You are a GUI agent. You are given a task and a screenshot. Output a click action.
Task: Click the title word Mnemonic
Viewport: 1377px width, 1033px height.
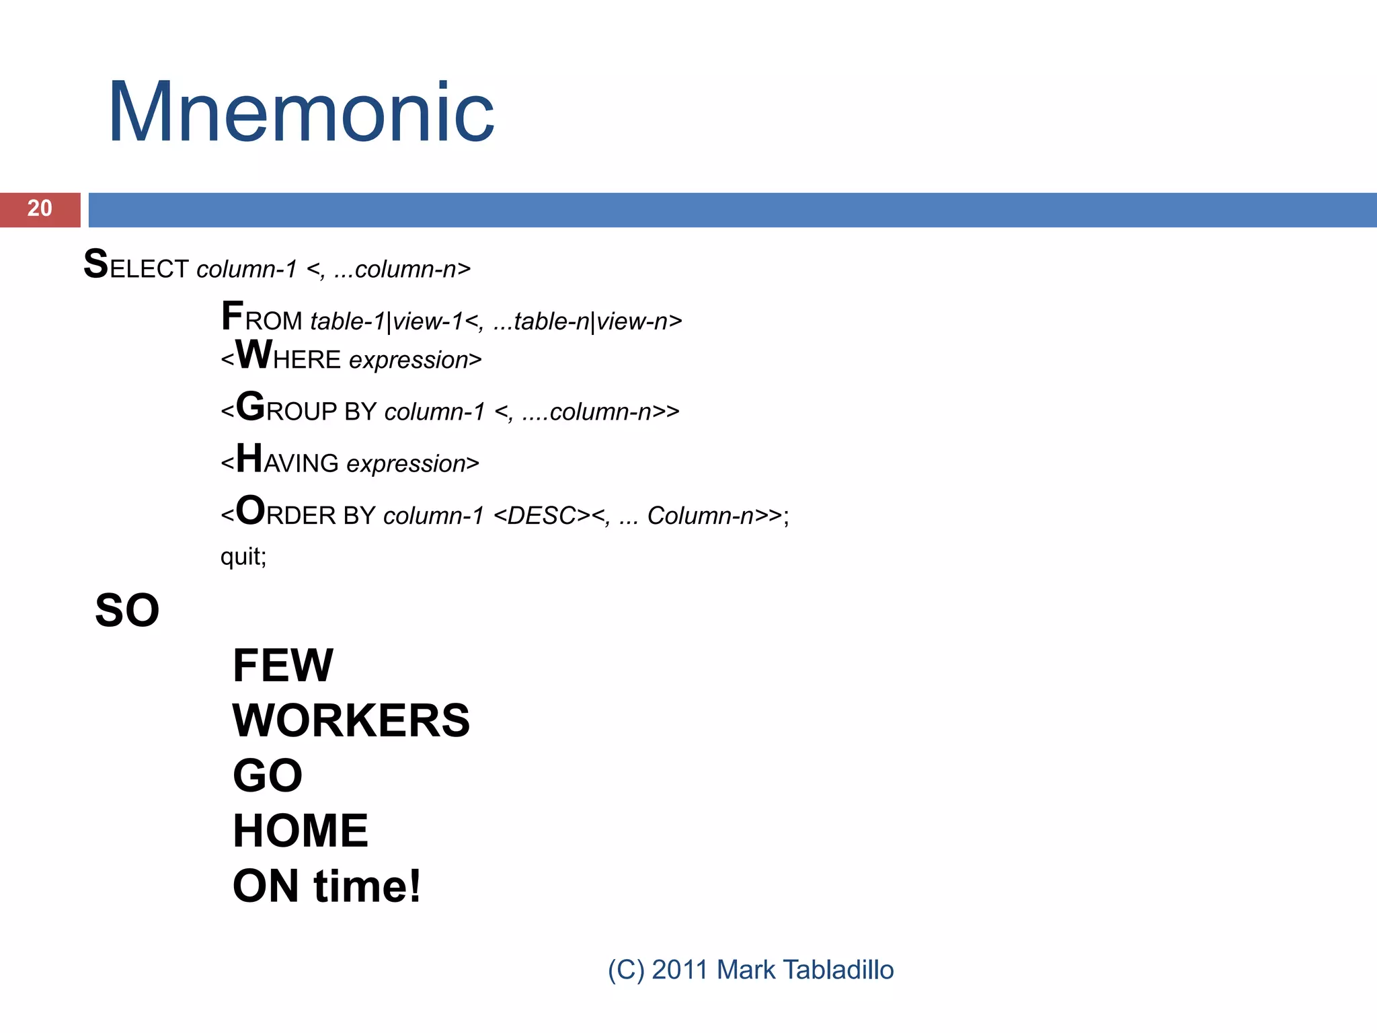coord(301,113)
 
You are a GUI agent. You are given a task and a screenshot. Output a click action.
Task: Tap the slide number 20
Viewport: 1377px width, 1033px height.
coord(40,208)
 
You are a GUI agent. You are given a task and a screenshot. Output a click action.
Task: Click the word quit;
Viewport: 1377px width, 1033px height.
coord(243,556)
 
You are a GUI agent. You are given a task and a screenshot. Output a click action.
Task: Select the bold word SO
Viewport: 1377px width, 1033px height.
coord(127,611)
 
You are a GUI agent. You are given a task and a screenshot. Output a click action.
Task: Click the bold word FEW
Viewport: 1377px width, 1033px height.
coord(282,666)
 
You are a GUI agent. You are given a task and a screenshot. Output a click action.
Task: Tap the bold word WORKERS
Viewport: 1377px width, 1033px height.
coord(351,721)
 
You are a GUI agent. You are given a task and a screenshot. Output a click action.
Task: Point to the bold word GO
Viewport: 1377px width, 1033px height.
coord(268,776)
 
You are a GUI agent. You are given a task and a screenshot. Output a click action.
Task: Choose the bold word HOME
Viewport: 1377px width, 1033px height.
coord(301,831)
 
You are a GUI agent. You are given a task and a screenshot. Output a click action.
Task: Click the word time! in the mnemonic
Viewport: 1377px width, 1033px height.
coord(367,886)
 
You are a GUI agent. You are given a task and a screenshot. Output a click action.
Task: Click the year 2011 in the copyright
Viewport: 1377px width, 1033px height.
coord(680,970)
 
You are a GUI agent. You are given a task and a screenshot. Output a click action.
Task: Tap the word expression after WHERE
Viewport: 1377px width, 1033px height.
coord(409,360)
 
